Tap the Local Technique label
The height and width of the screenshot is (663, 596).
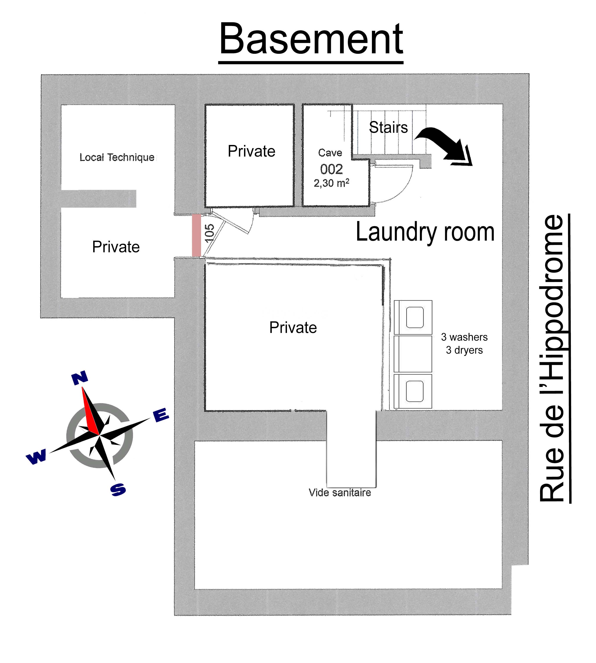pos(117,158)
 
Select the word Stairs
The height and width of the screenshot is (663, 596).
pos(388,127)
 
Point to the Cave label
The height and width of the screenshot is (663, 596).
pos(330,153)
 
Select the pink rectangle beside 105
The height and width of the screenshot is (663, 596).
pos(196,235)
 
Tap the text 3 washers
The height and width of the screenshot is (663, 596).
pos(464,337)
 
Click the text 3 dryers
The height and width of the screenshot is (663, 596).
pos(464,350)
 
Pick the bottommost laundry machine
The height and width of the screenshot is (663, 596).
pos(413,391)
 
